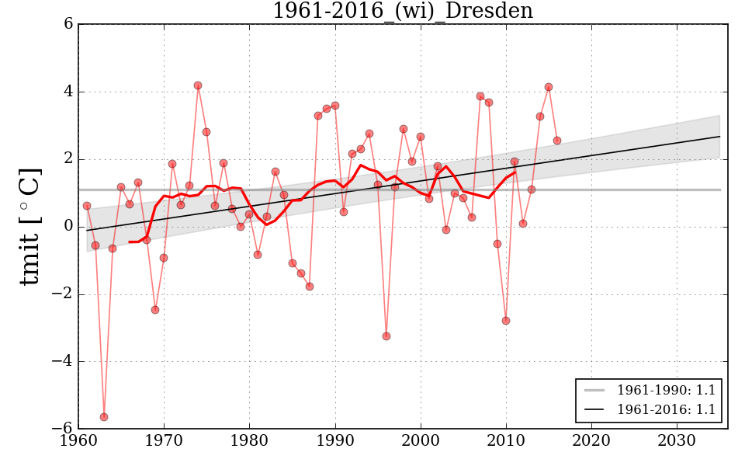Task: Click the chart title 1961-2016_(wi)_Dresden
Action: pos(402,11)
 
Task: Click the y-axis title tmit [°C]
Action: pos(29,226)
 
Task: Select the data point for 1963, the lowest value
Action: pos(104,417)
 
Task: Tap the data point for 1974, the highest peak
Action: pos(198,85)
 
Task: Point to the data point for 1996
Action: pos(386,336)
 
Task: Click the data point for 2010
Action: pos(506,321)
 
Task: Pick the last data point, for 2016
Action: pos(557,141)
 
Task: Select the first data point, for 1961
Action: pos(87,206)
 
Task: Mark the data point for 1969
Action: pos(155,310)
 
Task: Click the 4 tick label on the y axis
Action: pos(68,92)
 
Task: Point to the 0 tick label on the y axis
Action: pos(68,227)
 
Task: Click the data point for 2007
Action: pos(480,96)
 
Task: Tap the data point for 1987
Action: pos(310,287)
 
